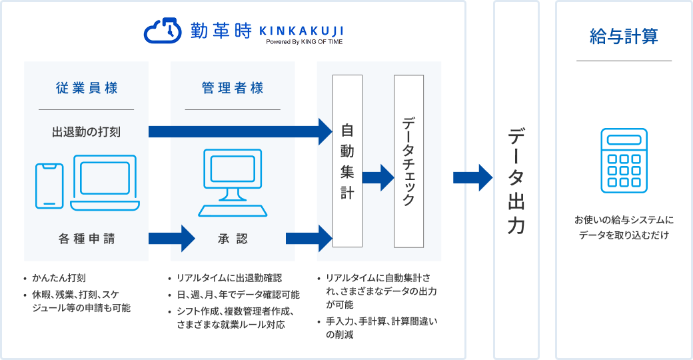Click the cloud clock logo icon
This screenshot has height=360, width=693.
point(162,31)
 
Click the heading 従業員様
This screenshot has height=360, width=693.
point(87,88)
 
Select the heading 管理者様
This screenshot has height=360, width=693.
point(233,88)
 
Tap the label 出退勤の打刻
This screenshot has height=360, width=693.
point(87,131)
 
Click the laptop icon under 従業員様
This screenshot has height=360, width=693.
point(105,183)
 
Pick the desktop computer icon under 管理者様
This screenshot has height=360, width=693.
point(233,183)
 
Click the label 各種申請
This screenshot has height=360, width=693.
point(87,238)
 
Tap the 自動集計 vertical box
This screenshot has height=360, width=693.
point(347,161)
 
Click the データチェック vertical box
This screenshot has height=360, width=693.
point(409,161)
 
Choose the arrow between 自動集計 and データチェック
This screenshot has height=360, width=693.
point(378,177)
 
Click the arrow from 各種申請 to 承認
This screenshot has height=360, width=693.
point(171,237)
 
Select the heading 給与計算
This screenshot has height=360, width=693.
point(624,37)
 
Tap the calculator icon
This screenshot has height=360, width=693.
point(624,160)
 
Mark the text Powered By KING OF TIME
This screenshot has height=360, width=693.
point(305,41)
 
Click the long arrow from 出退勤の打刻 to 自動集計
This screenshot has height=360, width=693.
point(240,131)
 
